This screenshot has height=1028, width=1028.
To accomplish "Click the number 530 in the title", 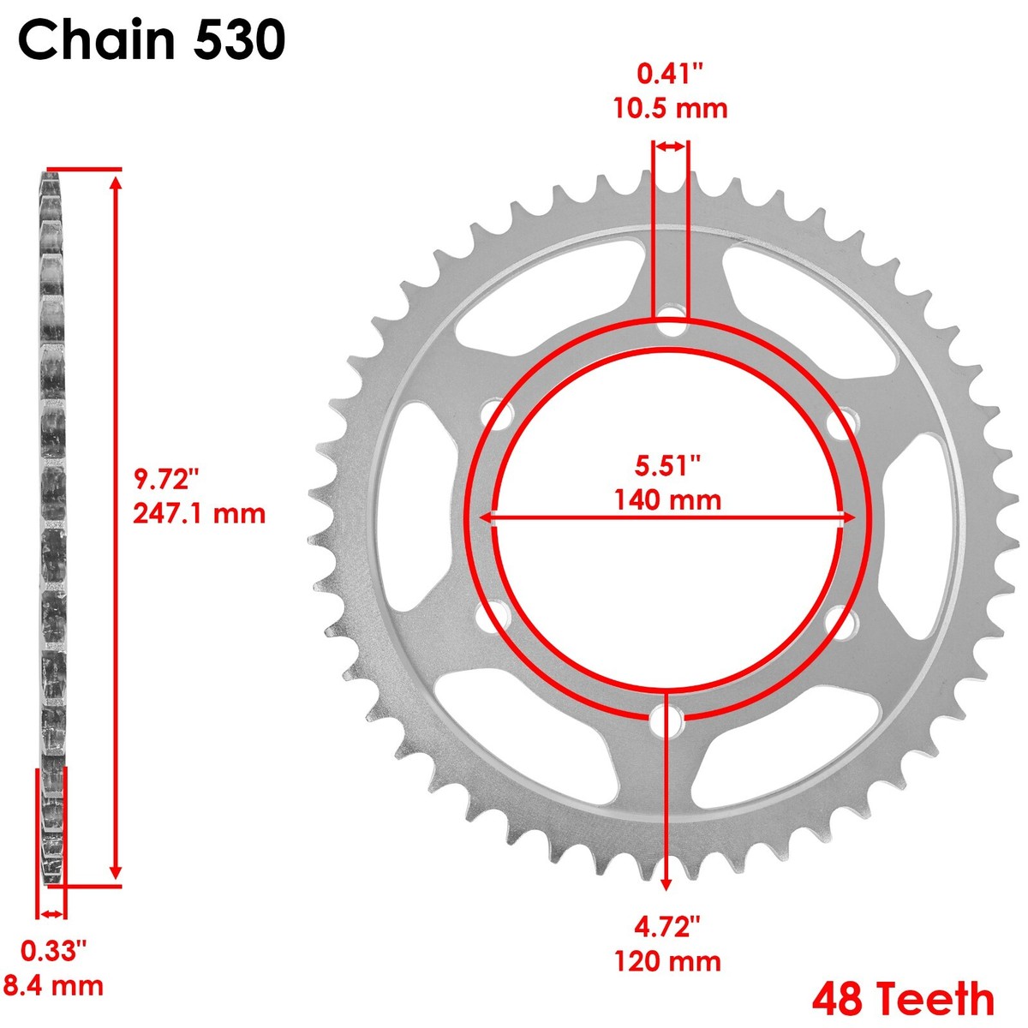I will (x=239, y=41).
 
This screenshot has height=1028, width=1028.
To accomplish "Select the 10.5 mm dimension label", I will (x=670, y=109).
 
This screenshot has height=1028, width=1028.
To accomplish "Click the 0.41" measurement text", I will (x=670, y=75).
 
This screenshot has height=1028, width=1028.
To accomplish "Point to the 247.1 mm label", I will (x=199, y=513).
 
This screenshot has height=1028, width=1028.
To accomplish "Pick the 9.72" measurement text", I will (x=166, y=477).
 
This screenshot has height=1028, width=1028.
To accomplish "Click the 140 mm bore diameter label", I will (x=667, y=499).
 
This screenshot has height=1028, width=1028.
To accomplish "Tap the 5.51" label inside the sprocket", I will (x=667, y=465).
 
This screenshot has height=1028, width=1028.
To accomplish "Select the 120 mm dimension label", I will (x=667, y=961).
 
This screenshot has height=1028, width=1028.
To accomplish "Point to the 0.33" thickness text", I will (x=54, y=950).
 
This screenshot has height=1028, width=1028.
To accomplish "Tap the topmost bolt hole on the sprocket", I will (x=672, y=326).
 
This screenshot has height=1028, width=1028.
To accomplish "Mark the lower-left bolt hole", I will (x=492, y=619).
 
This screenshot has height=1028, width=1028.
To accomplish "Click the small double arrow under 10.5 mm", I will (x=671, y=147).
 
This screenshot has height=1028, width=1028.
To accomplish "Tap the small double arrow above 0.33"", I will (x=52, y=914).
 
